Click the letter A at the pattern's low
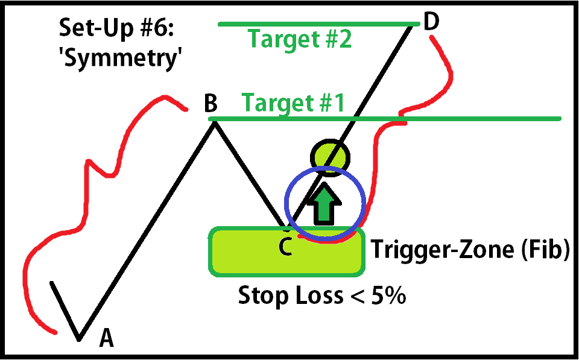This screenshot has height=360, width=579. pyautogui.click(x=106, y=338)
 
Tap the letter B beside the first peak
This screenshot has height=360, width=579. pyautogui.click(x=210, y=103)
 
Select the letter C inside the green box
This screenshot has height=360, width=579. pyautogui.click(x=286, y=247)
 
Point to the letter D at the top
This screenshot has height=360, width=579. pyautogui.click(x=431, y=22)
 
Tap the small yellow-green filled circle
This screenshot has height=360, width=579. pyautogui.click(x=330, y=157)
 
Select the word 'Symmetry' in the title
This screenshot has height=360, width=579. pyautogui.click(x=121, y=58)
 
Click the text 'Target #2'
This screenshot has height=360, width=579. pyautogui.click(x=300, y=39)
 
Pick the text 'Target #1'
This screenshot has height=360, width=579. pyautogui.click(x=293, y=103)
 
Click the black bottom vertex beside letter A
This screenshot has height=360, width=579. pyautogui.click(x=78, y=338)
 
